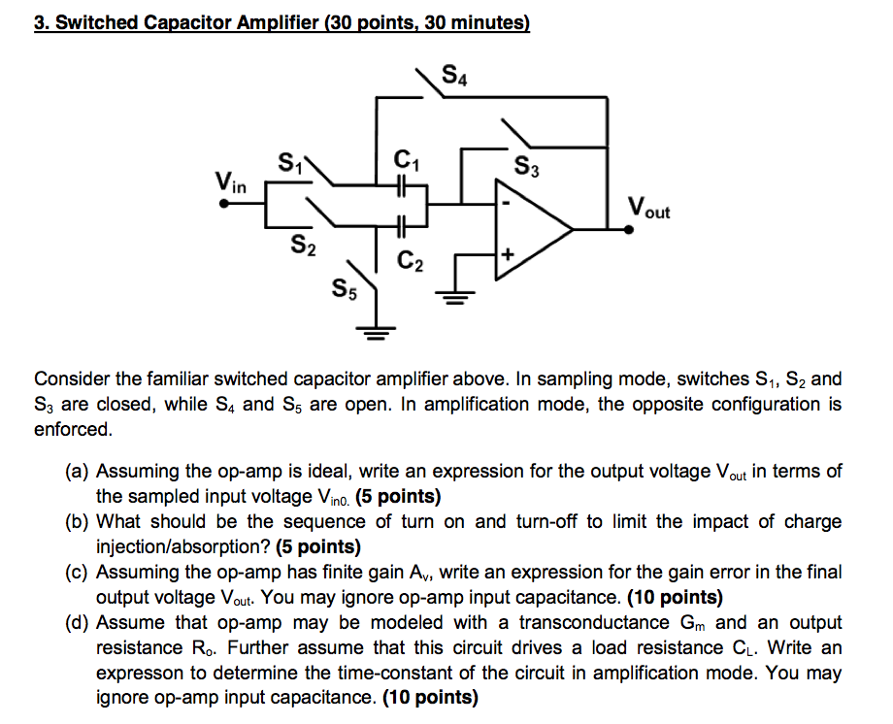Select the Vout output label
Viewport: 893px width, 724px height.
click(x=647, y=208)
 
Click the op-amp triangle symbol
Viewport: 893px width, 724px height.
click(x=529, y=229)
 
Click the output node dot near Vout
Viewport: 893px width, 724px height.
click(x=609, y=229)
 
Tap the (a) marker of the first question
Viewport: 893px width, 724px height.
click(x=78, y=473)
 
